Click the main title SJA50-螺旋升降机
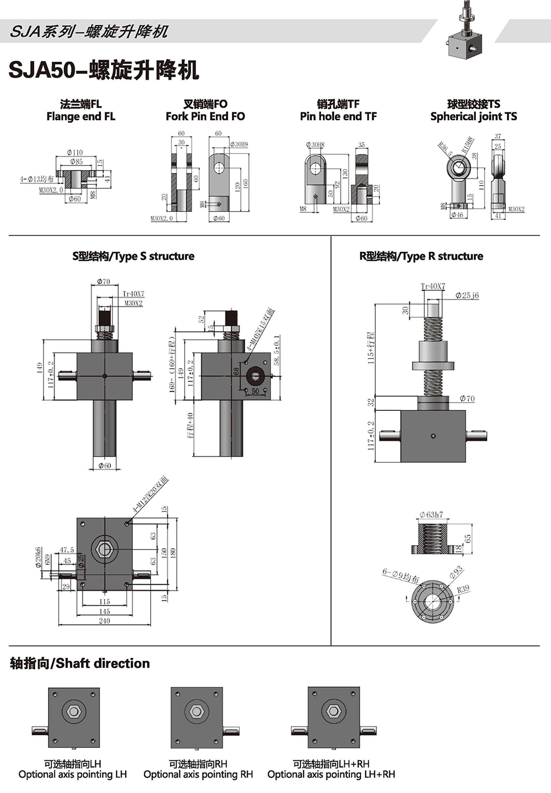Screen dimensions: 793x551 [104, 70]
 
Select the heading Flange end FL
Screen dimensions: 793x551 [81, 117]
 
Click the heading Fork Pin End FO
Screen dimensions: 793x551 [205, 117]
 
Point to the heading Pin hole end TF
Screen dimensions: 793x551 [338, 117]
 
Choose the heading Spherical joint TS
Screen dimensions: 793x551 [473, 117]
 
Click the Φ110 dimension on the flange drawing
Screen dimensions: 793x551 [75, 152]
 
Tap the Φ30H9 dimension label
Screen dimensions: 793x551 [239, 144]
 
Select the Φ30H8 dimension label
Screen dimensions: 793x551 [315, 145]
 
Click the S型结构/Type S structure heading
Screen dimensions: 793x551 [133, 256]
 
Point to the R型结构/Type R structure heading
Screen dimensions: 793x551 [421, 256]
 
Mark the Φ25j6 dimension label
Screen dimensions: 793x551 [467, 296]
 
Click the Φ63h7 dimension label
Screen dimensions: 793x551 [431, 514]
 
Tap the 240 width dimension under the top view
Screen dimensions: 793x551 [104, 621]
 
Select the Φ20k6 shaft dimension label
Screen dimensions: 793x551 [39, 557]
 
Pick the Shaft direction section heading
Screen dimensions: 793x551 [80, 663]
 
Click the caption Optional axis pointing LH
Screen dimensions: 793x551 [73, 774]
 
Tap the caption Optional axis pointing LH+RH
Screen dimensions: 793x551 [331, 774]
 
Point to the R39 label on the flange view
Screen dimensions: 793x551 [463, 589]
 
